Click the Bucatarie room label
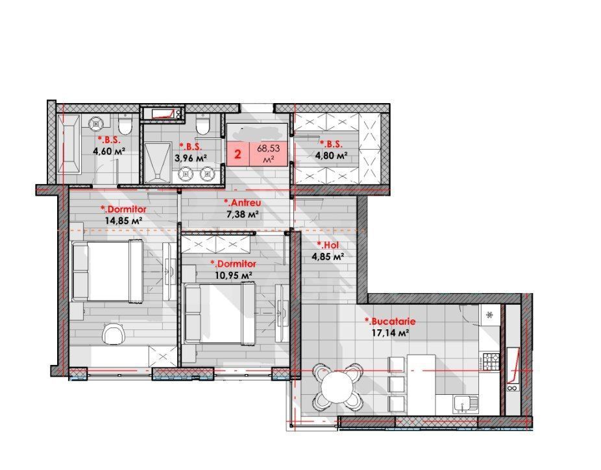(x=389, y=321)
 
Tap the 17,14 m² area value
(x=389, y=333)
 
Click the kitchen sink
(x=464, y=404)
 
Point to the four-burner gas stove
(x=490, y=360)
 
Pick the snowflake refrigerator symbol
(x=490, y=314)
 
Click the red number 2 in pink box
(x=238, y=155)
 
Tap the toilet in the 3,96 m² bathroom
(x=202, y=124)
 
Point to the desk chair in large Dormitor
(x=114, y=335)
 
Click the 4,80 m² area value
(x=331, y=156)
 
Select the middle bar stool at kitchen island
(x=395, y=384)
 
